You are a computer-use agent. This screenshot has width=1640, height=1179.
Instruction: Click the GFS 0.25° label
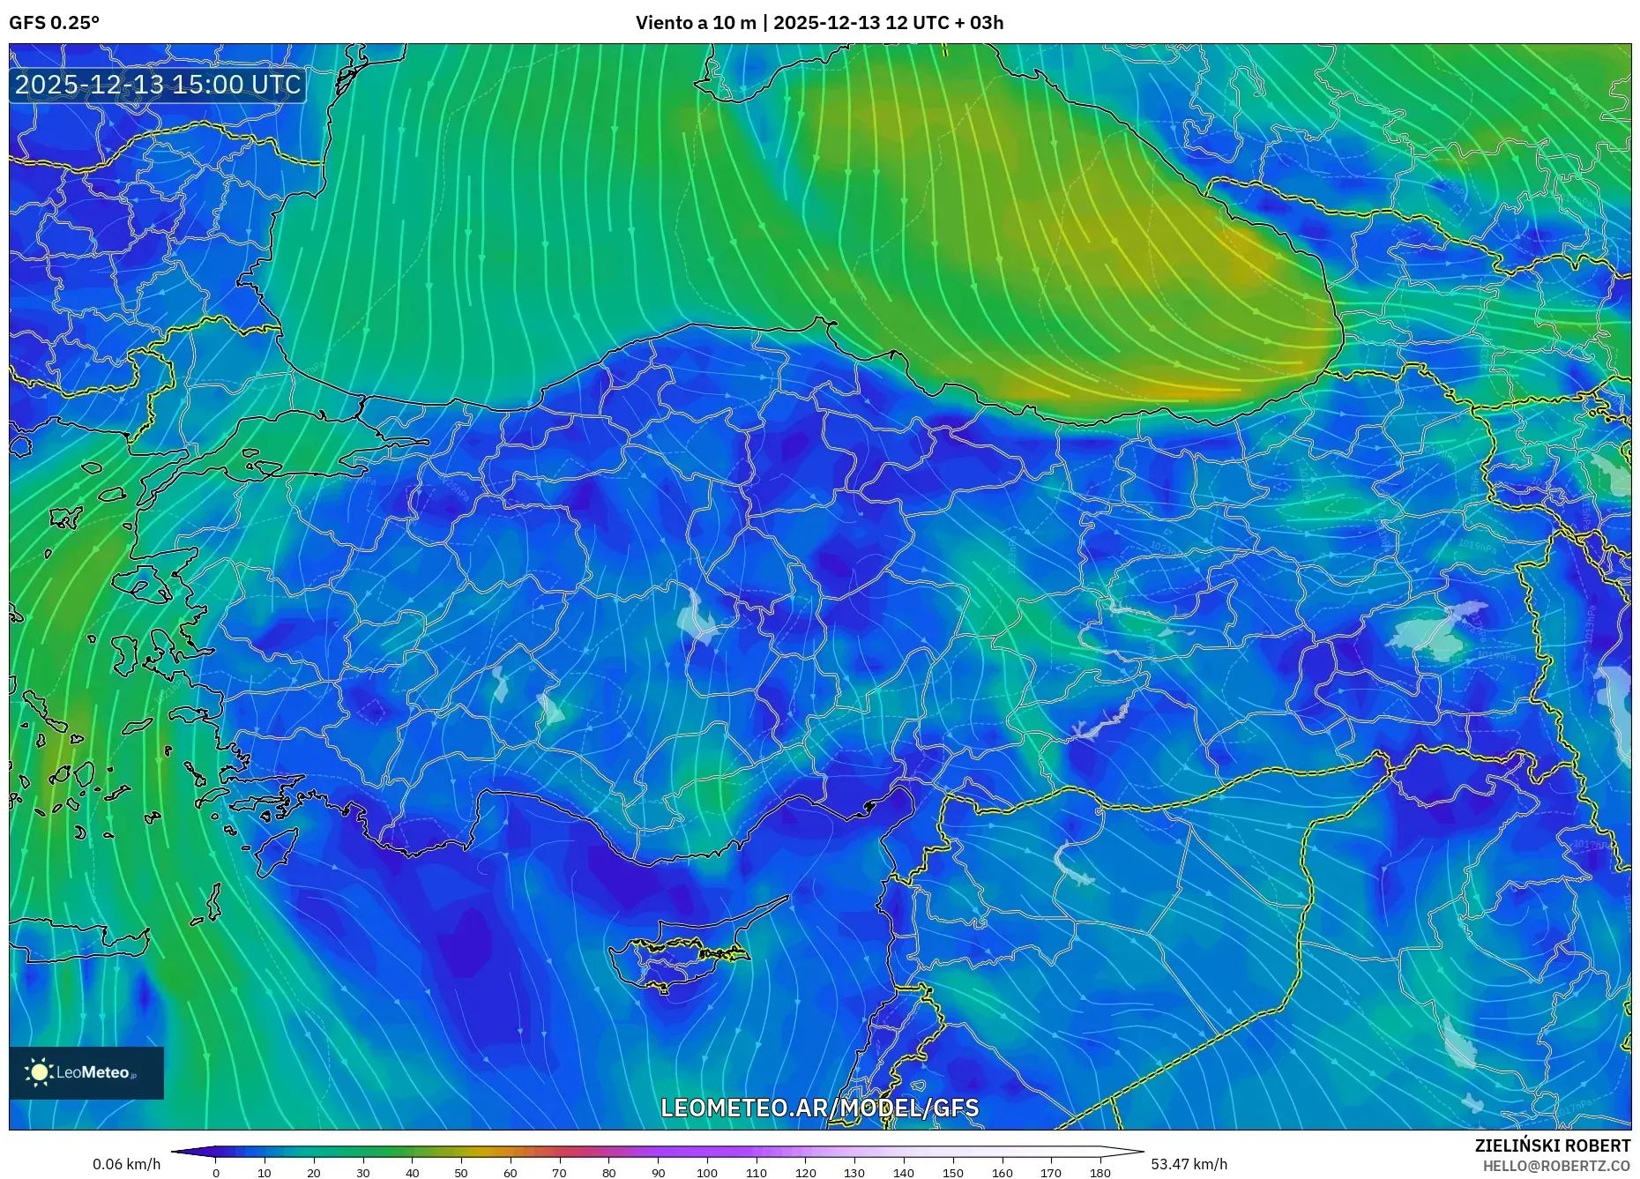(54, 23)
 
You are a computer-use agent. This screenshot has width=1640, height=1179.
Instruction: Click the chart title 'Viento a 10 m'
(696, 23)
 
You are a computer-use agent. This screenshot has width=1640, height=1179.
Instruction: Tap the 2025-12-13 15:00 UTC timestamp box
(158, 85)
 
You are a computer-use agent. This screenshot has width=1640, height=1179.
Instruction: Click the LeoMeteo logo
(86, 1072)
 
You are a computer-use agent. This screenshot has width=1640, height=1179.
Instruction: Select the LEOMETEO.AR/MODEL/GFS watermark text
(819, 1108)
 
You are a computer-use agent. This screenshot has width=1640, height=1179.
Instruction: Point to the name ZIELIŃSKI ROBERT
(1552, 1145)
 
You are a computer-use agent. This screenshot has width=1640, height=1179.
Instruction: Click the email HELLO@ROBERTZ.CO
(1555, 1166)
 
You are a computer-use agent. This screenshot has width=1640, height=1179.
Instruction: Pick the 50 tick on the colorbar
(461, 1173)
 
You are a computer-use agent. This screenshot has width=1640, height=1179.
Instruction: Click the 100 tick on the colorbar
(707, 1173)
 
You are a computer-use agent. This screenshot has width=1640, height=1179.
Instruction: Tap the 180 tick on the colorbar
(1100, 1173)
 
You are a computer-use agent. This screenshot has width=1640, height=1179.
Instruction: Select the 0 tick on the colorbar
(216, 1173)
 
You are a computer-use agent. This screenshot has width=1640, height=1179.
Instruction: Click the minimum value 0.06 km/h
(127, 1164)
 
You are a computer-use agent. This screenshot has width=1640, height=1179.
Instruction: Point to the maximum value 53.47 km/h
(1189, 1164)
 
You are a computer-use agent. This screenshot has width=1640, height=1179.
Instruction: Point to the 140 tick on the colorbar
(903, 1173)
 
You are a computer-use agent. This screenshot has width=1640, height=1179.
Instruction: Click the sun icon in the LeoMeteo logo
(40, 1072)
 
